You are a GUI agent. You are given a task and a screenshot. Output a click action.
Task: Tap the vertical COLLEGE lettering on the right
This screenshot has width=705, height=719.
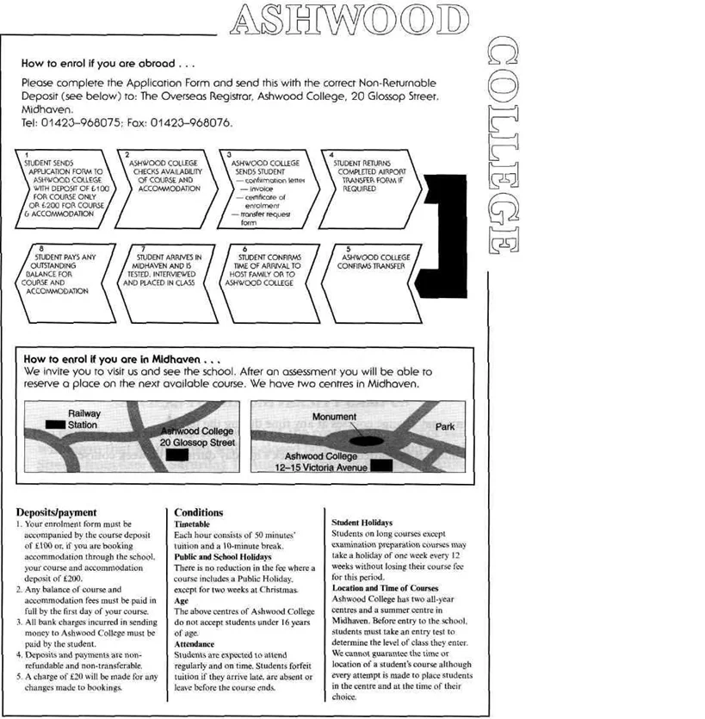coord(504,147)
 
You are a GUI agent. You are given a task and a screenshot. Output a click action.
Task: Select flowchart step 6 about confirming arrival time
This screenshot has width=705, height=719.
coord(267,271)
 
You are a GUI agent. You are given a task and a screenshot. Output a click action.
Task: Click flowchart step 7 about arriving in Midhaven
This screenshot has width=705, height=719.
coord(169,271)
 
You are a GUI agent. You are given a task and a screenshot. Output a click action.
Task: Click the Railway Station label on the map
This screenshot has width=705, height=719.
coord(83,419)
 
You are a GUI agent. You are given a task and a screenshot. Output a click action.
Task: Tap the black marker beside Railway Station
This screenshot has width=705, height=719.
coord(55,425)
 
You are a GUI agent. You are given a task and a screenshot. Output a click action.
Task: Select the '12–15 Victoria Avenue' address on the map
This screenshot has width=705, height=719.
coord(321,468)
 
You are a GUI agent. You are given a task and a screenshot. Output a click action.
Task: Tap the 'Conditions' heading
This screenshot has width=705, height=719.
coord(198,511)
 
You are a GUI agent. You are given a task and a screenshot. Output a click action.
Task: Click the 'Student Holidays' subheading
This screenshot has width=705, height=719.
coord(362,523)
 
